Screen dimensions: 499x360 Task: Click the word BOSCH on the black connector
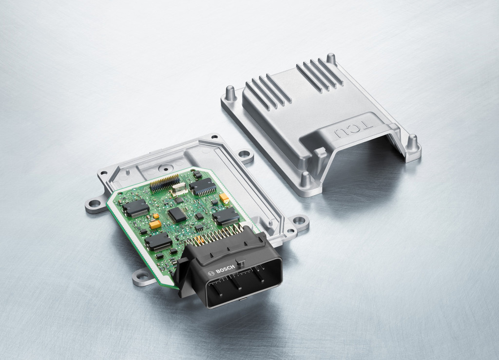tap(225, 269)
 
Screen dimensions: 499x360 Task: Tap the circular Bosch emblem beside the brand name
tap(211, 273)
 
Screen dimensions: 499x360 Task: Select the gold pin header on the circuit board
tap(165, 183)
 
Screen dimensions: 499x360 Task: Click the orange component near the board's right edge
tap(225, 198)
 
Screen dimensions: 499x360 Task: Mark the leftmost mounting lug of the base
tap(95, 205)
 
